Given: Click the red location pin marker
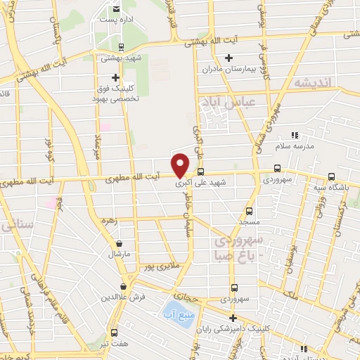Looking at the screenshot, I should tap(181, 165).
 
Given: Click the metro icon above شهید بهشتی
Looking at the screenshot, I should tap(122, 47).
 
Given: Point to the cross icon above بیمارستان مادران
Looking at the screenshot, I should tap(228, 58).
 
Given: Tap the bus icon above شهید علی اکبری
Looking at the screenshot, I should tap(201, 172).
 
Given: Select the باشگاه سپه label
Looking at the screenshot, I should tap(333, 188).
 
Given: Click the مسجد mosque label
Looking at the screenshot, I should tap(249, 221).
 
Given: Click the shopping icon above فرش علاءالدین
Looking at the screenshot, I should tap(124, 286).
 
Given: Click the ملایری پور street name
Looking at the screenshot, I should tap(154, 267).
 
